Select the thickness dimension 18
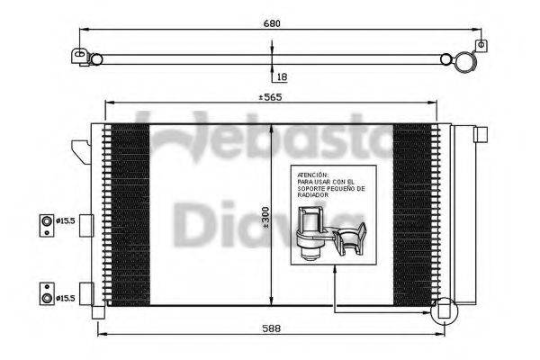[x=282, y=78]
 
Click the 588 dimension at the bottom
[x=271, y=328]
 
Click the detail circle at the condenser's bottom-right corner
[x=443, y=311]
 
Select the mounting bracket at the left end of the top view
[x=82, y=58]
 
